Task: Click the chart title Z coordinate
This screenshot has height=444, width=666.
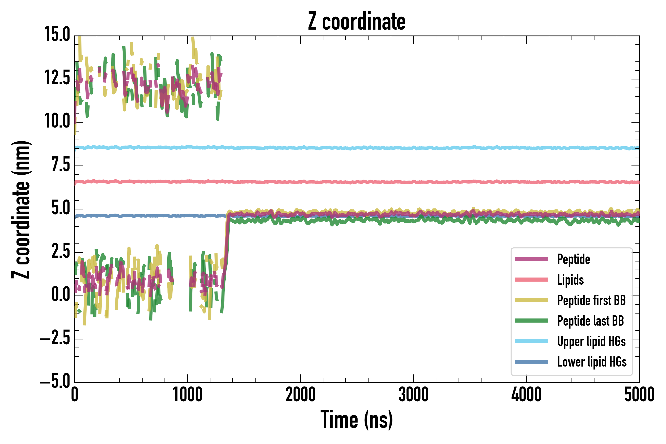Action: (356, 22)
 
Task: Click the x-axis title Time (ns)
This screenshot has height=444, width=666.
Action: (356, 420)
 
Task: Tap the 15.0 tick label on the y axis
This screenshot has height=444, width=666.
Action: (57, 35)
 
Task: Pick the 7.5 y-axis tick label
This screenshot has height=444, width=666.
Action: (61, 165)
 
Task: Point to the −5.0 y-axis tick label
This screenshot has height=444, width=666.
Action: (55, 382)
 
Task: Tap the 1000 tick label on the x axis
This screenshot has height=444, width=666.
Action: (187, 395)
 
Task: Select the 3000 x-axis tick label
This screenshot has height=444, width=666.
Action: (413, 395)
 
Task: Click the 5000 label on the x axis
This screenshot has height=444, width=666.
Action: (639, 395)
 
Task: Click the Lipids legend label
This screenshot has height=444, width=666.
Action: (570, 280)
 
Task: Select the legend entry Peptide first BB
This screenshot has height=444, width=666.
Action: (591, 300)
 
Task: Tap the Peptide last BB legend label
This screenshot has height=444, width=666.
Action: (590, 321)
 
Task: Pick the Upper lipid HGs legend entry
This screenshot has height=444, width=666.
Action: (591, 341)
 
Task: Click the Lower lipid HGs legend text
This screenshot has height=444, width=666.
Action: (592, 362)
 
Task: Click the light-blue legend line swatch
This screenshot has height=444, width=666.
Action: (531, 341)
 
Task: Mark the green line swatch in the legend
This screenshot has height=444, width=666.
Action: (531, 320)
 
